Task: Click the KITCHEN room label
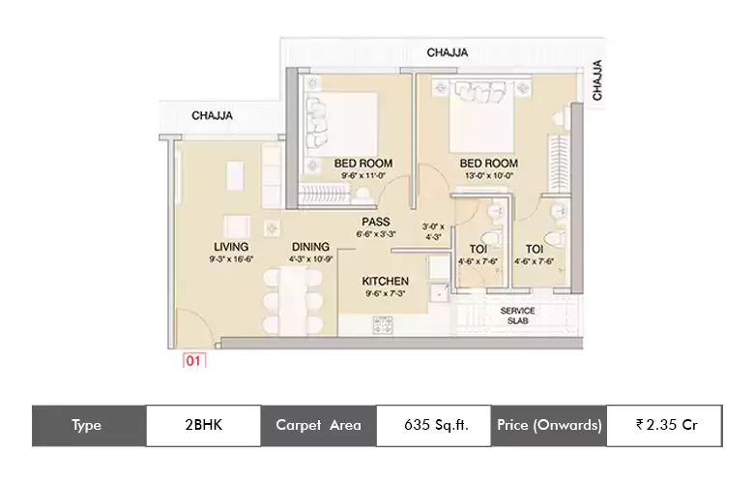[x=385, y=282]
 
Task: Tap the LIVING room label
[x=231, y=247]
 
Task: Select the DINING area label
[x=310, y=247]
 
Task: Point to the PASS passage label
[x=376, y=222]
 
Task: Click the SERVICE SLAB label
[x=517, y=316]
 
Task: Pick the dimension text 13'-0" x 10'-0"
[x=489, y=176]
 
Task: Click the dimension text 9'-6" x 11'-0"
[x=363, y=176]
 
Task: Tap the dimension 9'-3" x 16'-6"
[x=231, y=259]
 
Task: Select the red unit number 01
[x=193, y=361]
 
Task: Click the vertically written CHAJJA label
[x=596, y=80]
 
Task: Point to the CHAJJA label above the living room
[x=212, y=115]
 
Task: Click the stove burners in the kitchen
[x=383, y=324]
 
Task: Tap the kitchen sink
[x=439, y=291]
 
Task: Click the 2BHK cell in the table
[x=203, y=426]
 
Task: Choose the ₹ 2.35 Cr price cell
[x=664, y=426]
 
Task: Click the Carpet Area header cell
[x=318, y=426]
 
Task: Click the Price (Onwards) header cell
[x=549, y=426]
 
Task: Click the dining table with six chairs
[x=293, y=299]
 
